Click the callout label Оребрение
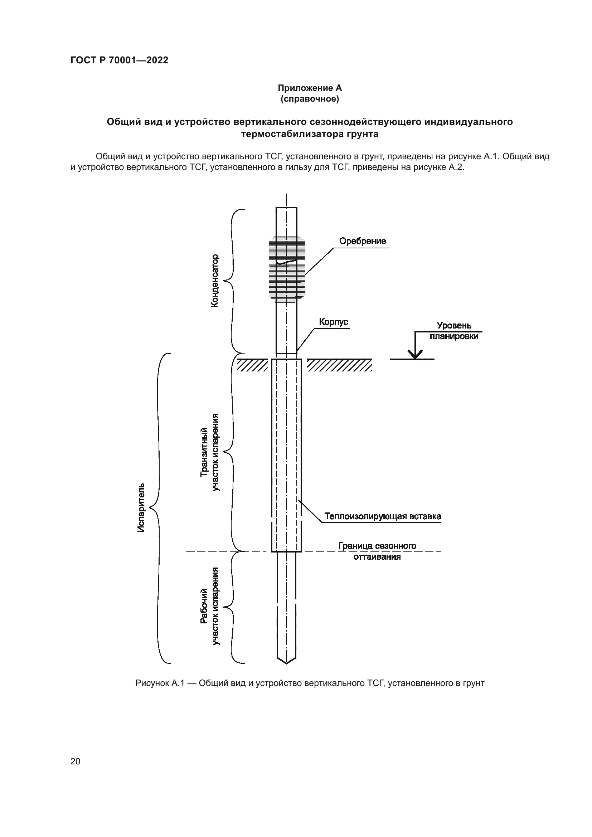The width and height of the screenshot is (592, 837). click(x=362, y=241)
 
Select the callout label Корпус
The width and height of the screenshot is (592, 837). click(x=334, y=322)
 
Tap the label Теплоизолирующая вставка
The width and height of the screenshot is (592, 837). click(x=383, y=516)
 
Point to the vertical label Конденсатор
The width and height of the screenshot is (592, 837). click(x=215, y=281)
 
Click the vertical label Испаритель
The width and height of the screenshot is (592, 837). click(x=141, y=507)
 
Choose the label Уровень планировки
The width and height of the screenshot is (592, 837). click(x=454, y=331)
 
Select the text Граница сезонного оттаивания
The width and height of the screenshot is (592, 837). click(x=377, y=551)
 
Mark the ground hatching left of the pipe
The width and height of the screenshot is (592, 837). click(x=252, y=365)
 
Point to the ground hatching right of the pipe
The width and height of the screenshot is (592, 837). click(x=339, y=365)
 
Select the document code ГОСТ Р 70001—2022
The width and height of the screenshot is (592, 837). click(x=119, y=60)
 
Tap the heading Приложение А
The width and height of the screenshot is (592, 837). click(x=310, y=88)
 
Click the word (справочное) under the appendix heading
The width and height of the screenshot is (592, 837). click(x=310, y=99)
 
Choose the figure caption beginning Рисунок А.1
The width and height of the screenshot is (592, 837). click(x=310, y=683)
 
